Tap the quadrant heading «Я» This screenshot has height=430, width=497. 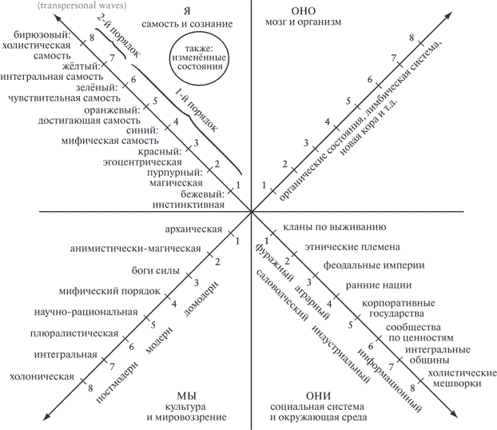(187, 11)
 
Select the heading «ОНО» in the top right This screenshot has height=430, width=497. (303, 11)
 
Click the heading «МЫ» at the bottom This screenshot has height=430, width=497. (186, 396)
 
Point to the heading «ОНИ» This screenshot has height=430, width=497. (318, 396)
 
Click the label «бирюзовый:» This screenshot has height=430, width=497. (42, 34)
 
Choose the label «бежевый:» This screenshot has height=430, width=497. (202, 193)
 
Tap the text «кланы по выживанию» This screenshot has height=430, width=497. (335, 227)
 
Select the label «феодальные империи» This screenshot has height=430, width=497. (374, 265)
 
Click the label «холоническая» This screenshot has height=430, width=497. (42, 376)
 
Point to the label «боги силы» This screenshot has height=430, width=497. (156, 270)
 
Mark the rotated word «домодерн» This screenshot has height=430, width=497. (201, 298)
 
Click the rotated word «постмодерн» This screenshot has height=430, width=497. (117, 382)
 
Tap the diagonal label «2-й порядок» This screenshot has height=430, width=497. (118, 36)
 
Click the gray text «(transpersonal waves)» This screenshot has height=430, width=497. (82, 6)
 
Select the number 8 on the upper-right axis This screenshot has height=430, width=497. (412, 38)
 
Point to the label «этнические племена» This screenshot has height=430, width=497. (352, 247)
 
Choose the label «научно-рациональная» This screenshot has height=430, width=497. (86, 312)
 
